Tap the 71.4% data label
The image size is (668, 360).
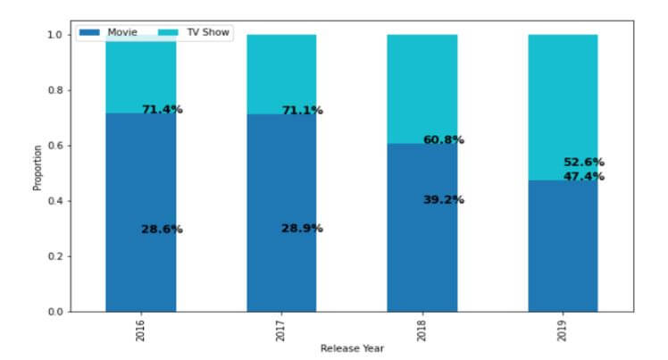(162, 110)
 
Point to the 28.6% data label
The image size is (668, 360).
(162, 230)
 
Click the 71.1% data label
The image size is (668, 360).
(303, 111)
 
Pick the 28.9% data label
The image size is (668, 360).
(303, 229)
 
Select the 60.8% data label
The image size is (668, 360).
(444, 140)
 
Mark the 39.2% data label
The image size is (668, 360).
(444, 200)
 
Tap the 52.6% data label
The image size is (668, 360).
(584, 163)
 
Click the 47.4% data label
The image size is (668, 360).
(584, 177)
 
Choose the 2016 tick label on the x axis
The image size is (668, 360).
(141, 332)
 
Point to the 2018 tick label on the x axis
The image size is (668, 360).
(422, 332)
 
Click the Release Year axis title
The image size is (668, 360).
(352, 348)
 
